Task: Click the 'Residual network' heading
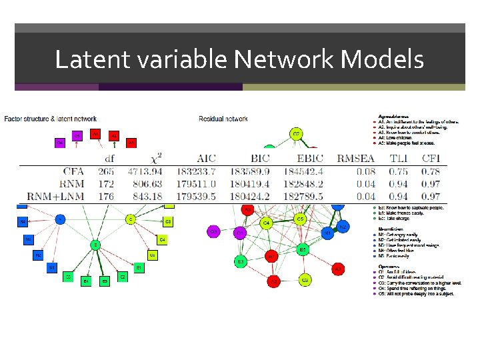tap(223, 119)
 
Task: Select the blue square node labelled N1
tap(51, 267)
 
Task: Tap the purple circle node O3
tap(213, 231)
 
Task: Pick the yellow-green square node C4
tap(162, 239)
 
